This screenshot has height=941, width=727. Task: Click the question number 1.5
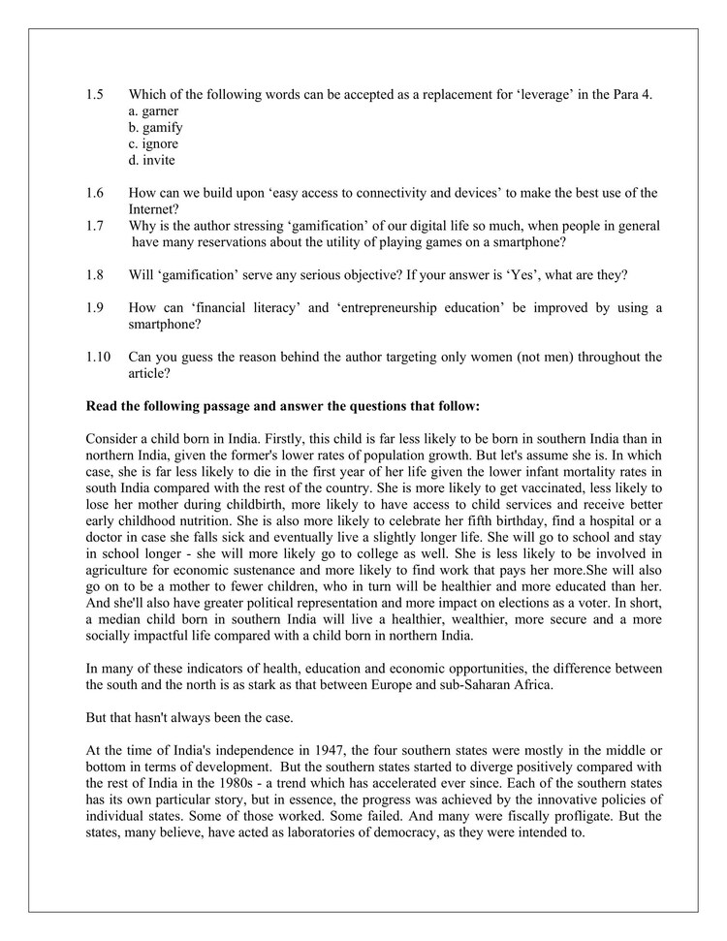[x=94, y=95]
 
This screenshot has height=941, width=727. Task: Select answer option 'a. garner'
[x=152, y=111]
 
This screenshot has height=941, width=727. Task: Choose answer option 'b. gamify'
[x=155, y=128]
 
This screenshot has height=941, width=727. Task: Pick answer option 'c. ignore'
[x=153, y=143]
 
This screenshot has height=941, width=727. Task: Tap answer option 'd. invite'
[x=151, y=160]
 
